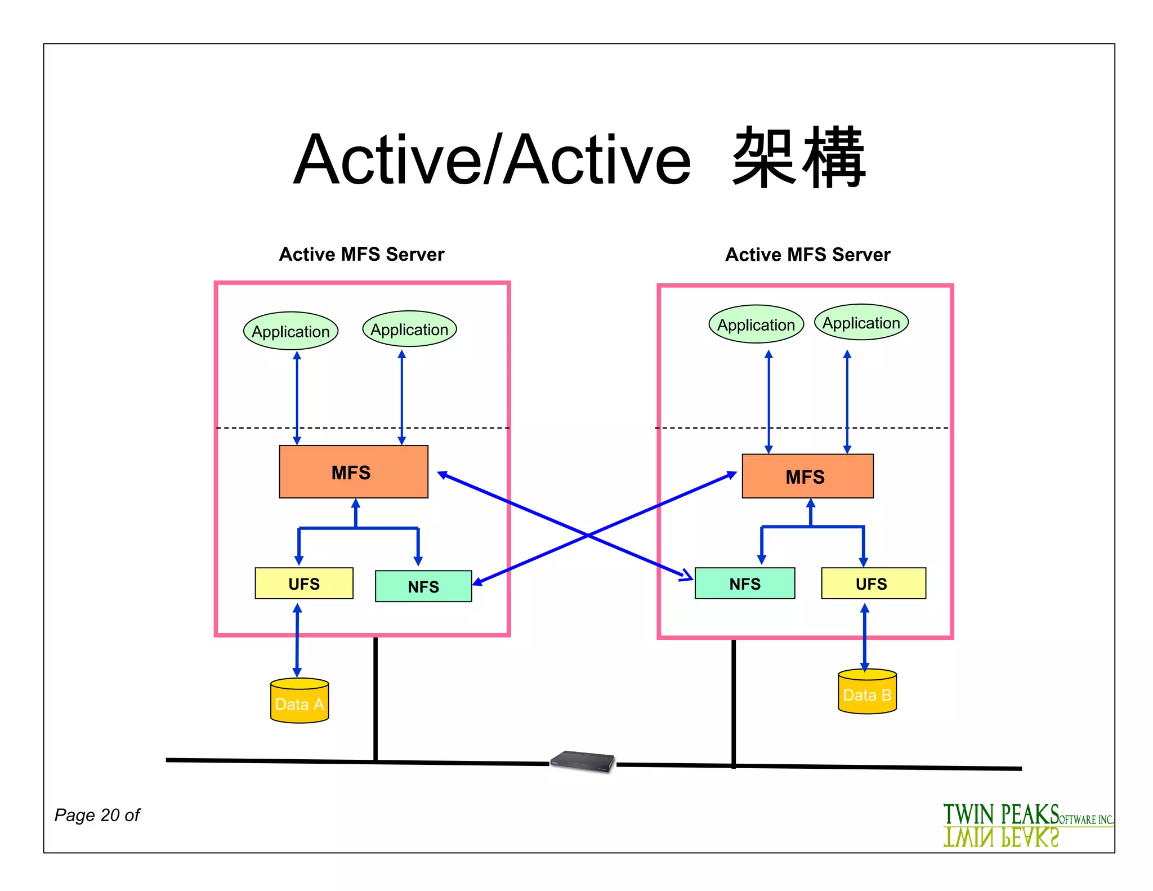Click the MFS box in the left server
(x=354, y=472)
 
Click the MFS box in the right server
(x=807, y=476)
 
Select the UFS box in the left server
(x=304, y=583)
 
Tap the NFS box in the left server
(x=423, y=586)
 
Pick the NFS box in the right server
(x=745, y=583)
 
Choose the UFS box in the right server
(x=873, y=583)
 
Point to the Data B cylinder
(x=867, y=692)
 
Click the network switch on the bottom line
(x=583, y=761)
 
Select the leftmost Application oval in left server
(x=291, y=331)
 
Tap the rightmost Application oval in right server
(x=861, y=323)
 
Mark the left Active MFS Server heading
(x=361, y=255)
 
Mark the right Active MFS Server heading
(x=807, y=255)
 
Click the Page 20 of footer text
(x=97, y=815)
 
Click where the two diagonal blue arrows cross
(x=588, y=535)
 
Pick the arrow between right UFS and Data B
(x=865, y=636)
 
